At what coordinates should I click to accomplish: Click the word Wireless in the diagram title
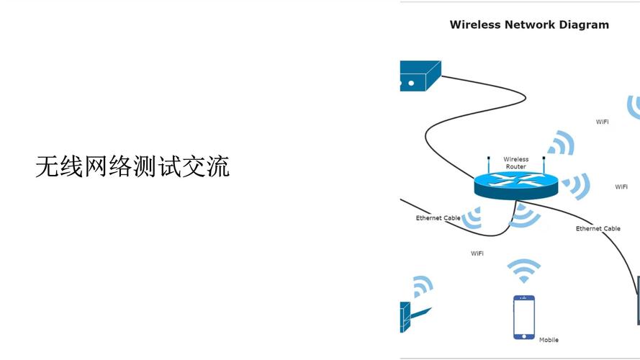[x=474, y=24]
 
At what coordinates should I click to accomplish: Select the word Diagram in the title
[x=587, y=24]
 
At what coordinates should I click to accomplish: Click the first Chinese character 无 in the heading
[x=46, y=167]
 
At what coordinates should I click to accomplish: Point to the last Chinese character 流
[x=218, y=167]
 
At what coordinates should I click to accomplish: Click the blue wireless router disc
[x=515, y=186]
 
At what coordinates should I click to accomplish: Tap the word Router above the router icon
[x=515, y=167]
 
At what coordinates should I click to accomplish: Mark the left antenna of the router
[x=488, y=166]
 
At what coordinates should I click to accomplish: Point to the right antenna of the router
[x=543, y=166]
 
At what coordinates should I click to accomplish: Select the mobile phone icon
[x=523, y=317]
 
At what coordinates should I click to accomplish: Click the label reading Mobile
[x=549, y=340]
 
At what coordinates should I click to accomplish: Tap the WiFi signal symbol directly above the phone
[x=523, y=271]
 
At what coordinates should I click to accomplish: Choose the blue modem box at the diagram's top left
[x=419, y=76]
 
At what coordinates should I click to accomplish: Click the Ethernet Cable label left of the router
[x=438, y=218]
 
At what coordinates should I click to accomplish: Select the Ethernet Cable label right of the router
[x=598, y=229]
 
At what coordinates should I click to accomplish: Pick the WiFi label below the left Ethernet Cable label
[x=477, y=253]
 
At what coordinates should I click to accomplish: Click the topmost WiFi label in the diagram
[x=602, y=122]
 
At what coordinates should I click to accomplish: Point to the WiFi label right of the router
[x=621, y=187]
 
